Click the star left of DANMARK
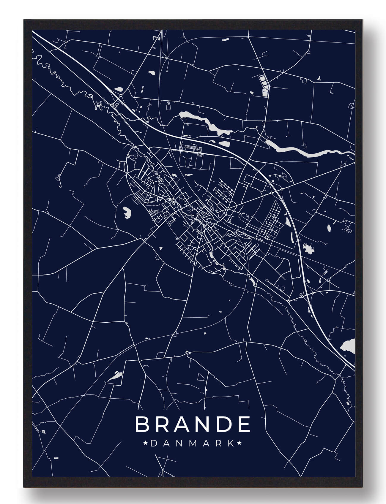pos(146,444)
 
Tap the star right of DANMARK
pos(240,444)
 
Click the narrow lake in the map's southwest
pos(115,376)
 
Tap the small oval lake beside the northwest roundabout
pos(119,88)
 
